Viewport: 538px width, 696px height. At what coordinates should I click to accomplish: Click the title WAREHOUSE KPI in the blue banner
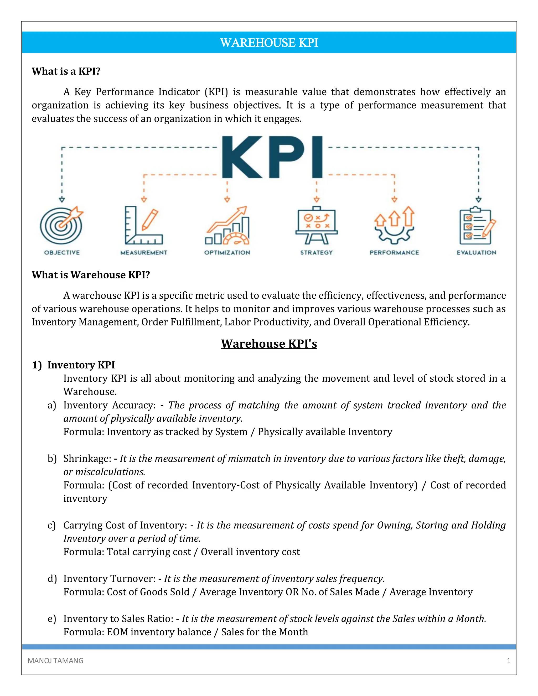pos(269,43)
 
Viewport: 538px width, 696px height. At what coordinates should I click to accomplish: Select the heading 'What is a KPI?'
pos(66,71)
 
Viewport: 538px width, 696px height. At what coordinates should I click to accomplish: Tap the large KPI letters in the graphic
pos(272,157)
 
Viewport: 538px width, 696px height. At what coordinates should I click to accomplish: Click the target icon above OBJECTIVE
pos(61,225)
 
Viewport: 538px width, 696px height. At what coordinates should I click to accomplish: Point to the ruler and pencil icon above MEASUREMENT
pos(143,225)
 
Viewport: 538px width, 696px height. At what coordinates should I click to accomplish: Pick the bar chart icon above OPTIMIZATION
pos(227,226)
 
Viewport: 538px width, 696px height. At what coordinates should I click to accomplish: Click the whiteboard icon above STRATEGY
pos(316,225)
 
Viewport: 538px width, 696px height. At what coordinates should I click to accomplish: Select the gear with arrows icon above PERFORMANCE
pos(394,225)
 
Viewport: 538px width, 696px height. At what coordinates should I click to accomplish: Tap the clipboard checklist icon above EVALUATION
pos(477,225)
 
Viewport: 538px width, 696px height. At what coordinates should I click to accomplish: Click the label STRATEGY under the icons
pos(316,253)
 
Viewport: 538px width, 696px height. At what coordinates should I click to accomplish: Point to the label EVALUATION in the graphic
pos(476,253)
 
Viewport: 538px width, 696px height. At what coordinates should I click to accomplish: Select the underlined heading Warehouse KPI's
pos(269,344)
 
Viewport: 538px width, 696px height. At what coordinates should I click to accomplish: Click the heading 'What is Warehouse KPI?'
pos(91,275)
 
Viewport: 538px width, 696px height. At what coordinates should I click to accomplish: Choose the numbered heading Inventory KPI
pos(81,365)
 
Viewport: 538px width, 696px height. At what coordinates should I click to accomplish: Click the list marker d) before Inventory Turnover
pos(52,578)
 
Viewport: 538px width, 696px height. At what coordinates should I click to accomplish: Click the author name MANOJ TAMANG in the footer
pos(55,661)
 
